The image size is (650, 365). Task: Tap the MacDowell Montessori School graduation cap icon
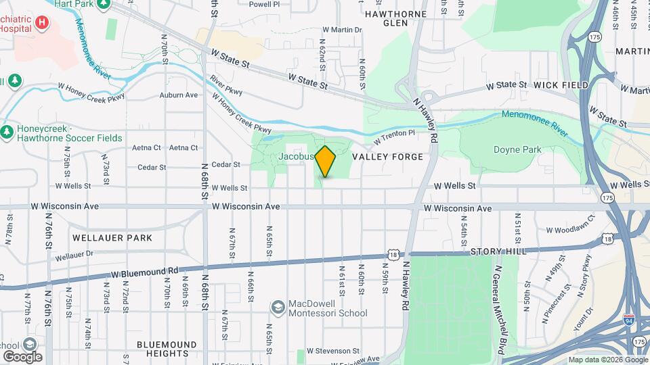pos(277,308)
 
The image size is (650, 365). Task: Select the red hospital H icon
pos(43,22)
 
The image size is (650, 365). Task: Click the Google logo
pos(22,356)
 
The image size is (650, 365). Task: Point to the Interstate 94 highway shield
pos(629,320)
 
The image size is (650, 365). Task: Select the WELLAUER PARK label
pos(112,238)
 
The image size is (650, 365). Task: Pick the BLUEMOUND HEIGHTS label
pos(162,349)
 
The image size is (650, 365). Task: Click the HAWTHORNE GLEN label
pos(396,18)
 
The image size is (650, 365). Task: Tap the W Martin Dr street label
pos(342,30)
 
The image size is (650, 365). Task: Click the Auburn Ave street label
pos(179,95)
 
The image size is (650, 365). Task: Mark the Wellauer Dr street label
pos(73,256)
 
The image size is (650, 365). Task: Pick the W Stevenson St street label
pos(333,351)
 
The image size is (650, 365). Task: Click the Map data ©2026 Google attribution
pos(607,360)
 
